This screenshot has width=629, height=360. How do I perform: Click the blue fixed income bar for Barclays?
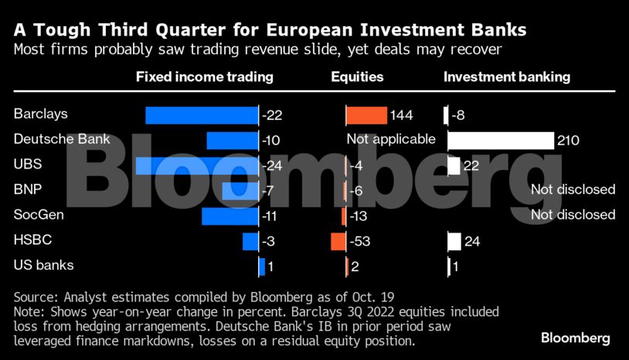click(202, 115)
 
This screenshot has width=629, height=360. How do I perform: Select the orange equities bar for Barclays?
click(366, 115)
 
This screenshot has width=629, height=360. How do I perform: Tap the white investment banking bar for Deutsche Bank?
click(501, 140)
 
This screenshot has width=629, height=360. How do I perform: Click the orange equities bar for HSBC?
click(338, 242)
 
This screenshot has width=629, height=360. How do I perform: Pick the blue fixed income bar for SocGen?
click(229, 216)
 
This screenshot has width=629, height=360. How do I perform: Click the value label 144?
click(402, 115)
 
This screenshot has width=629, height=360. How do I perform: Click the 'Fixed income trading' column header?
click(204, 77)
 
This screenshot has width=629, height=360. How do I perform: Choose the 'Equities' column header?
click(357, 77)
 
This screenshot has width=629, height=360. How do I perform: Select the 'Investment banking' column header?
click(507, 77)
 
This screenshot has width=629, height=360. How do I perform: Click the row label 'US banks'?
click(44, 265)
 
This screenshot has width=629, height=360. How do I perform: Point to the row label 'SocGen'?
click(39, 214)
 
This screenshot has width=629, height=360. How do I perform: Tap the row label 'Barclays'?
click(41, 114)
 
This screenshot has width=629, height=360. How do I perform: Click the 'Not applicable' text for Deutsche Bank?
click(391, 140)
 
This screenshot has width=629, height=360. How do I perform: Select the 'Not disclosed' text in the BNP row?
click(573, 189)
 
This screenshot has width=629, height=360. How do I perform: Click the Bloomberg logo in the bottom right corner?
click(575, 338)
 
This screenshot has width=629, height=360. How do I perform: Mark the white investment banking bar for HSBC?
click(454, 242)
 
